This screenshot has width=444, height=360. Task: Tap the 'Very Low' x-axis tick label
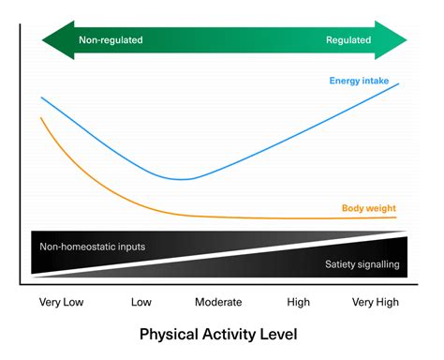pyautogui.click(x=63, y=303)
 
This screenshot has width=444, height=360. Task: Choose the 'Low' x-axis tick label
pyautogui.click(x=141, y=303)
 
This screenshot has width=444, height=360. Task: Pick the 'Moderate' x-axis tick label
pyautogui.click(x=218, y=303)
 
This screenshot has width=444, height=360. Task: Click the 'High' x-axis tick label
pyautogui.click(x=299, y=303)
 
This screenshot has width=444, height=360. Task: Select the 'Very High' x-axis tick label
pyautogui.click(x=374, y=303)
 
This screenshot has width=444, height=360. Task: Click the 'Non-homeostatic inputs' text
pyautogui.click(x=93, y=247)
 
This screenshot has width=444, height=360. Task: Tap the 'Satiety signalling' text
pyautogui.click(x=363, y=264)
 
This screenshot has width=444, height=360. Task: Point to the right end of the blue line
pyautogui.click(x=400, y=83)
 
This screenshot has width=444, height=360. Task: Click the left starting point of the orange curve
pyautogui.click(x=40, y=118)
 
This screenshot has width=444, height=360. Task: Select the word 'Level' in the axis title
pyautogui.click(x=281, y=334)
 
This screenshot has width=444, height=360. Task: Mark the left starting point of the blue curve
pyautogui.click(x=40, y=97)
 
